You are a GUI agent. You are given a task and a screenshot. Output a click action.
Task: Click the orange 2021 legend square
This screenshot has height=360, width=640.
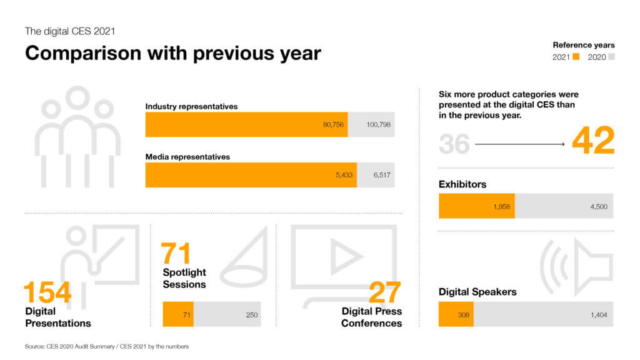[576, 57]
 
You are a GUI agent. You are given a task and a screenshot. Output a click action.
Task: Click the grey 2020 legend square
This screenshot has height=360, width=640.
[611, 57]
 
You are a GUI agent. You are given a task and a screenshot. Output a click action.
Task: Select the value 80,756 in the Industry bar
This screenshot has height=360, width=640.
[333, 124]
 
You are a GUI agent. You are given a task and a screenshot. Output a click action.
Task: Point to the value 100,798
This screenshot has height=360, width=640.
[378, 124]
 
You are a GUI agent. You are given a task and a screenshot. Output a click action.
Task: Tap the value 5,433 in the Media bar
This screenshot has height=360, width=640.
[344, 175]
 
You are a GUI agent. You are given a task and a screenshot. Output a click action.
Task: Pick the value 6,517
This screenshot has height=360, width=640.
[382, 175]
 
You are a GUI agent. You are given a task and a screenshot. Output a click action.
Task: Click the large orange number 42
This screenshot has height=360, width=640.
[593, 141]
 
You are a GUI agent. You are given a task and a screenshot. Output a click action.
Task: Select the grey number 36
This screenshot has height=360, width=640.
[454, 144]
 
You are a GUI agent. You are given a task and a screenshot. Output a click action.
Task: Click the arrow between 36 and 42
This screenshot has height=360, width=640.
[519, 144]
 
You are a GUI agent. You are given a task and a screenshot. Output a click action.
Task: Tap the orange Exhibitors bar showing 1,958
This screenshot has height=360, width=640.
[477, 206]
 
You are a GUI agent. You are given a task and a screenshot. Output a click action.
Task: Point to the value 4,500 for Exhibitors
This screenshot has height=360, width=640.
[599, 207]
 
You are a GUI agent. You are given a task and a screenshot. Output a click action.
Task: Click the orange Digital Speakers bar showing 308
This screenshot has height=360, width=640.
[456, 314]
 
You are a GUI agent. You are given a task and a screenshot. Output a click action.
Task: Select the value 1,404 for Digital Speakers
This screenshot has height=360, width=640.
[599, 315]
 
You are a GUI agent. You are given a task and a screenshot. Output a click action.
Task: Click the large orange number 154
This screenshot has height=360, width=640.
[47, 292]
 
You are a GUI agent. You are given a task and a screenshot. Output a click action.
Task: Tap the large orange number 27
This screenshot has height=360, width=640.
[384, 292]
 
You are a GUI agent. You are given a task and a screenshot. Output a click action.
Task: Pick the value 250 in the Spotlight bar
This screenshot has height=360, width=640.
[252, 315]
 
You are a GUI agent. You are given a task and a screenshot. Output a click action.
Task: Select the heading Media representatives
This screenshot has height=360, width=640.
[187, 157]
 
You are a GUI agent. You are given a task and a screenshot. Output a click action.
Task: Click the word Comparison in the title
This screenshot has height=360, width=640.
[84, 54]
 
